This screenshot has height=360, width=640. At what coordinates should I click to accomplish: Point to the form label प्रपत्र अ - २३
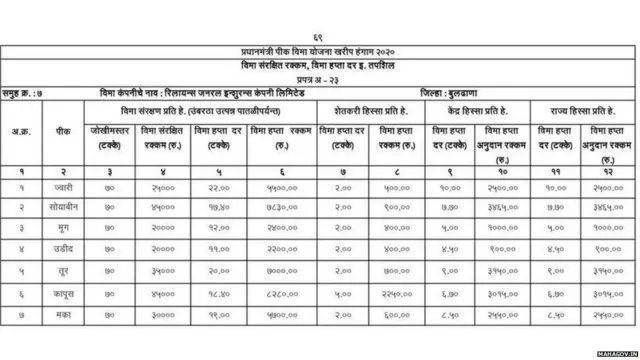click(x=320, y=77)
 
